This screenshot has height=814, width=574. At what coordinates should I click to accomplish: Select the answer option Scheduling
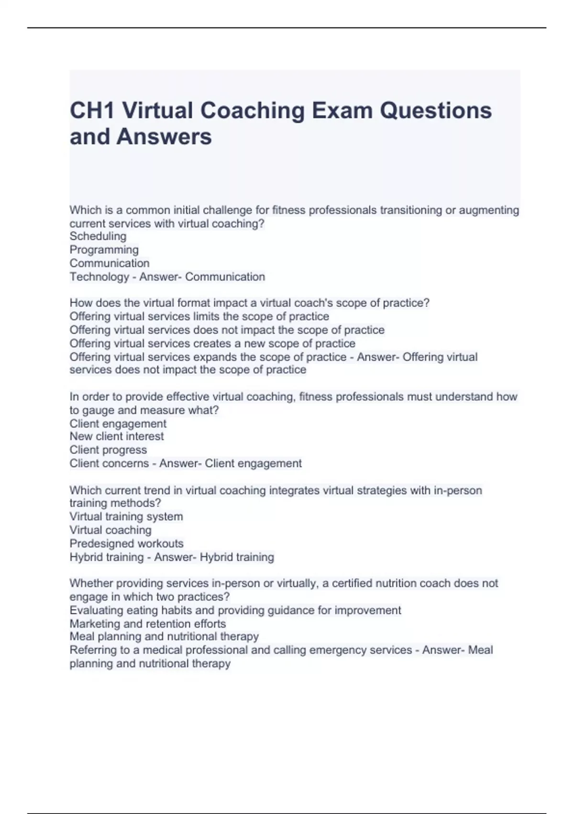click(98, 236)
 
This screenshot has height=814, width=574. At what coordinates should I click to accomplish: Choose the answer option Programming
click(104, 250)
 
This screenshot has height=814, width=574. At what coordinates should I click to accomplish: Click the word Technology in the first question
click(99, 277)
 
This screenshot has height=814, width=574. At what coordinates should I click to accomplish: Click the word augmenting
click(489, 210)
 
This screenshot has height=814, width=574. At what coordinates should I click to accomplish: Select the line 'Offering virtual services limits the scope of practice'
click(199, 317)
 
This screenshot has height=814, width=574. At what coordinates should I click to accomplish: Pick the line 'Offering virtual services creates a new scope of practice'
click(212, 343)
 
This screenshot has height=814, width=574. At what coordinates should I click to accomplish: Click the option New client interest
click(117, 436)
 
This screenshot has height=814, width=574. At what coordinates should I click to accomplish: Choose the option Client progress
click(108, 450)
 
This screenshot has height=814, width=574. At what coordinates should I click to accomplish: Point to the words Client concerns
click(109, 464)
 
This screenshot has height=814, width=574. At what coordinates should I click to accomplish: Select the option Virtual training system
click(126, 517)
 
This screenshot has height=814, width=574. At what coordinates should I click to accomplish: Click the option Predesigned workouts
click(126, 543)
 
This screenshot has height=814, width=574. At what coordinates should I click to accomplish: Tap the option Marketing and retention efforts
click(147, 623)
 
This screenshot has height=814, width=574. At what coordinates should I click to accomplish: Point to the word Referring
click(93, 650)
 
